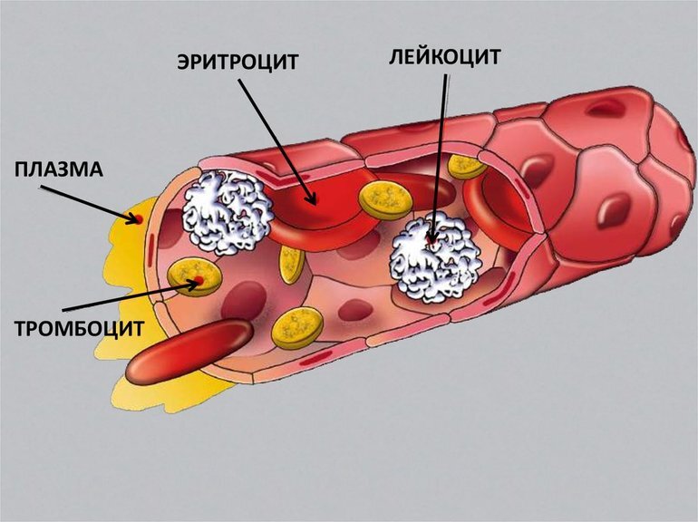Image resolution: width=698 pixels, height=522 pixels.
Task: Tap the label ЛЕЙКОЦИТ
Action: (445, 55)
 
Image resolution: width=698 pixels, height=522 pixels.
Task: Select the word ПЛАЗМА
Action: (59, 169)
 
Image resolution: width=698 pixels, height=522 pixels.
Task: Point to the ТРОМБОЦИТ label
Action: (78, 328)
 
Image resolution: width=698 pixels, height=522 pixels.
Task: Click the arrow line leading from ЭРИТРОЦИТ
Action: (276, 136)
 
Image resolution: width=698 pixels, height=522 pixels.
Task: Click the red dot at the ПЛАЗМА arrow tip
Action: (139, 218)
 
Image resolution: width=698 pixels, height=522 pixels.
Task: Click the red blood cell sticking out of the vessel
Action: (189, 350)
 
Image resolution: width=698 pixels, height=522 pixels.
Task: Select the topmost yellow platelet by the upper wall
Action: (468, 165)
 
